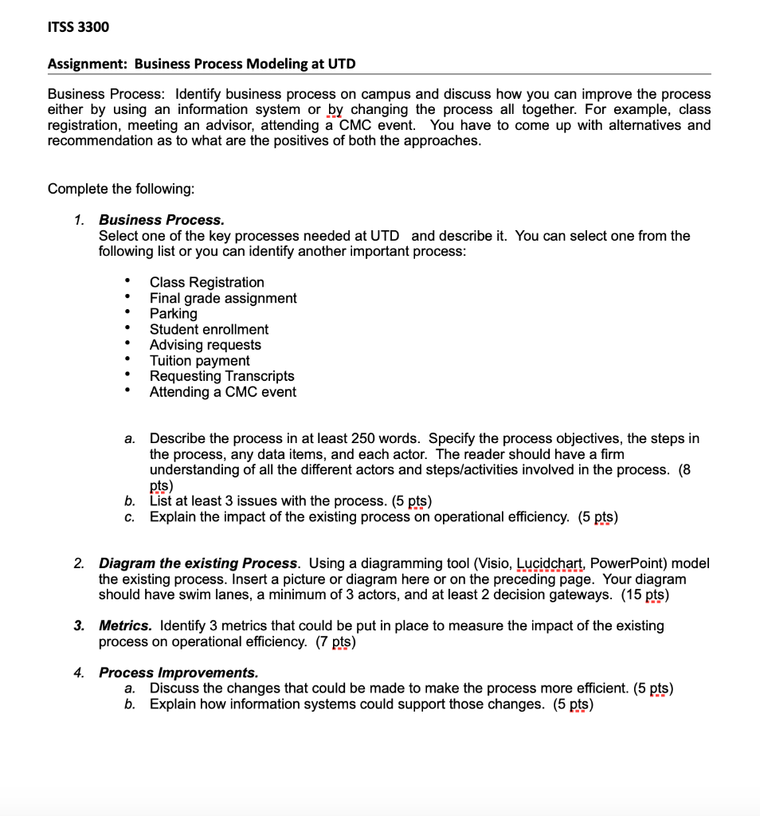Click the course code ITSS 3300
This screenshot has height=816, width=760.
click(x=78, y=27)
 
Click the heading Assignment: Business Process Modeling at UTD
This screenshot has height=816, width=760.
click(x=202, y=64)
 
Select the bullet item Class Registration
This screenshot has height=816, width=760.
click(x=206, y=282)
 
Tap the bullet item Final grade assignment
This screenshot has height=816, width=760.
click(x=223, y=298)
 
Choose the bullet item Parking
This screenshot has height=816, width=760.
click(x=173, y=313)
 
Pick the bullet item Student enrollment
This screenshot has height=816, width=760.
click(x=209, y=329)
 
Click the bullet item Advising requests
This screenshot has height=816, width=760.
click(x=205, y=345)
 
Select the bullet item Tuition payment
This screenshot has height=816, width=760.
click(x=199, y=360)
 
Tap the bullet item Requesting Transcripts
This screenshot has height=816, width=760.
click(x=221, y=376)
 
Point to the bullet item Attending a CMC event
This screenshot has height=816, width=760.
click(x=222, y=392)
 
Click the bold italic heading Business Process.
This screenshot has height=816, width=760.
click(x=161, y=220)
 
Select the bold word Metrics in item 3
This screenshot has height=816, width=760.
click(x=124, y=626)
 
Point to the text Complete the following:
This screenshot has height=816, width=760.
click(x=121, y=189)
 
